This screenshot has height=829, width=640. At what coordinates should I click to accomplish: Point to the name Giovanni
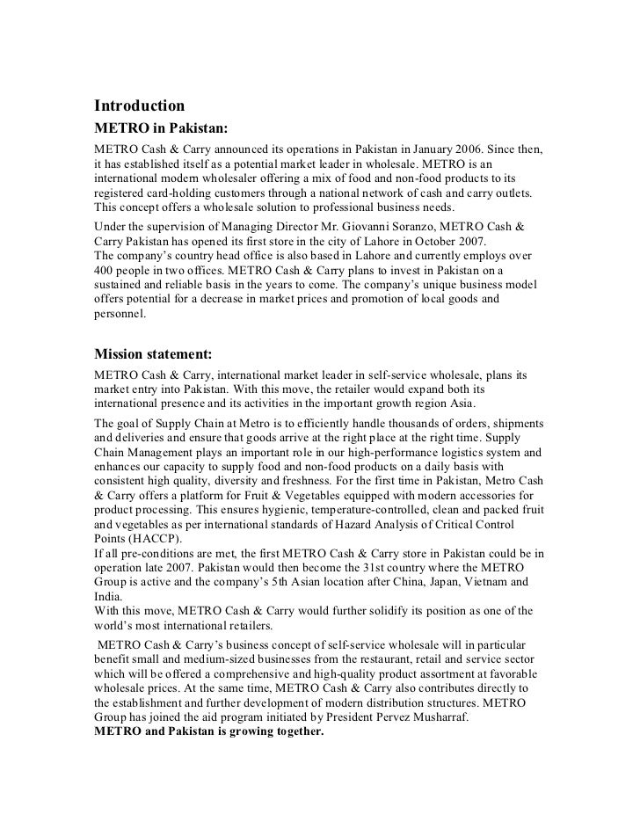coord(380,227)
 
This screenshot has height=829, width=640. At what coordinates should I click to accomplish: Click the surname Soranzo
coord(436,227)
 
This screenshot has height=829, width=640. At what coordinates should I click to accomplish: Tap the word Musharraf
coord(438,716)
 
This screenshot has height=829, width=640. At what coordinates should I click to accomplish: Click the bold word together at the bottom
coord(295,731)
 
